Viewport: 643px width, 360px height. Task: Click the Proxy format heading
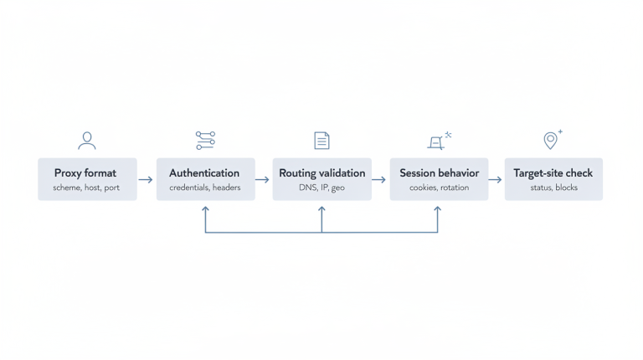point(85,173)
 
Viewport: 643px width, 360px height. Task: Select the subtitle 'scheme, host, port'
point(86,188)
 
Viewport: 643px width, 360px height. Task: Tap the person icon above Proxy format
point(85,140)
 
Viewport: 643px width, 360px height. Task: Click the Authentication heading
point(204,173)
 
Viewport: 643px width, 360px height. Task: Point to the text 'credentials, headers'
point(204,188)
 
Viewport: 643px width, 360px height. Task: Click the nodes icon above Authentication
point(205,140)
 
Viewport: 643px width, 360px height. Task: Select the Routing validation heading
point(322,173)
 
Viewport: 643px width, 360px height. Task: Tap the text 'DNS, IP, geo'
point(322,188)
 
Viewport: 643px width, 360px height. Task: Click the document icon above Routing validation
point(321,140)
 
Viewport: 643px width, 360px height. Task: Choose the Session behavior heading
point(439,173)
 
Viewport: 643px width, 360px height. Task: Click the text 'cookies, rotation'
point(439,188)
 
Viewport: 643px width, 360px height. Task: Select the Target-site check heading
point(553,173)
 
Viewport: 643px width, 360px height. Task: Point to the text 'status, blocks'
point(553,188)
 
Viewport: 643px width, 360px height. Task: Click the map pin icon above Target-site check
point(551,140)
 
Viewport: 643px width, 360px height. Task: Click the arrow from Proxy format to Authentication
point(146,179)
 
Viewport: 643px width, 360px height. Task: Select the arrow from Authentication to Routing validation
point(262,179)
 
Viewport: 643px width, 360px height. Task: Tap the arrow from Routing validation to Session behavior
point(378,179)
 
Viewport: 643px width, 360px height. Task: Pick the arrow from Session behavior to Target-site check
point(495,179)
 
